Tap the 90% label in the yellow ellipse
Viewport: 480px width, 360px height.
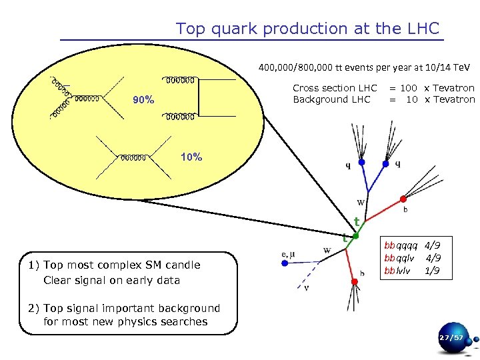click(143, 100)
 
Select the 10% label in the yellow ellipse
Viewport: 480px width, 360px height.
click(191, 157)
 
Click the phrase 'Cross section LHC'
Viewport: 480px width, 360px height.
click(335, 88)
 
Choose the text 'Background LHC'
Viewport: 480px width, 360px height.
click(331, 99)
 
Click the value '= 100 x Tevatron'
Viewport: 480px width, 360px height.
click(432, 88)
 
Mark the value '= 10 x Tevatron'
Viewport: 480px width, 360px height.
click(432, 99)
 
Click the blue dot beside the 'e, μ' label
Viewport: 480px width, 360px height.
click(285, 263)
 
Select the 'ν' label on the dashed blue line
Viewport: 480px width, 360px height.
click(306, 287)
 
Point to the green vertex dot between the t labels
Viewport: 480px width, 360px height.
click(356, 235)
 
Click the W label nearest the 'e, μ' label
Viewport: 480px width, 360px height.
click(327, 250)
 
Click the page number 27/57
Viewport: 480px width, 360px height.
click(451, 339)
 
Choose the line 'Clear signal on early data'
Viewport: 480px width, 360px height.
click(111, 280)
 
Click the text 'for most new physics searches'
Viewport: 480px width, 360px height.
click(125, 321)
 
